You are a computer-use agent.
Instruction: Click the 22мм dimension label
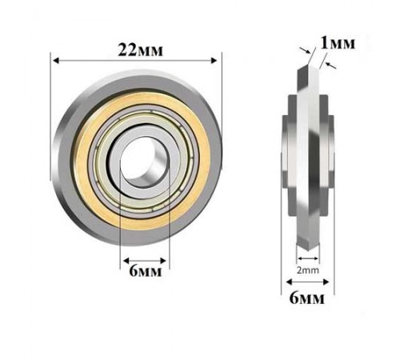pos(140,50)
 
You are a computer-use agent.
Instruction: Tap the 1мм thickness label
pos(338,43)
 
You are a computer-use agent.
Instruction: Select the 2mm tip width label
pos(308,270)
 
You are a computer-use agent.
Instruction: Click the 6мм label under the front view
pos(146,271)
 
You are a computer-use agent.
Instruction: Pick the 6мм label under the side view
pos(307,298)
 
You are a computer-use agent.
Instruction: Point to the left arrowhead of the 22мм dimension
pos(56,61)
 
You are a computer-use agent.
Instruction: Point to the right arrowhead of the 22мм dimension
pos(214,61)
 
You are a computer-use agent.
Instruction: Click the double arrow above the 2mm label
pos(308,258)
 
